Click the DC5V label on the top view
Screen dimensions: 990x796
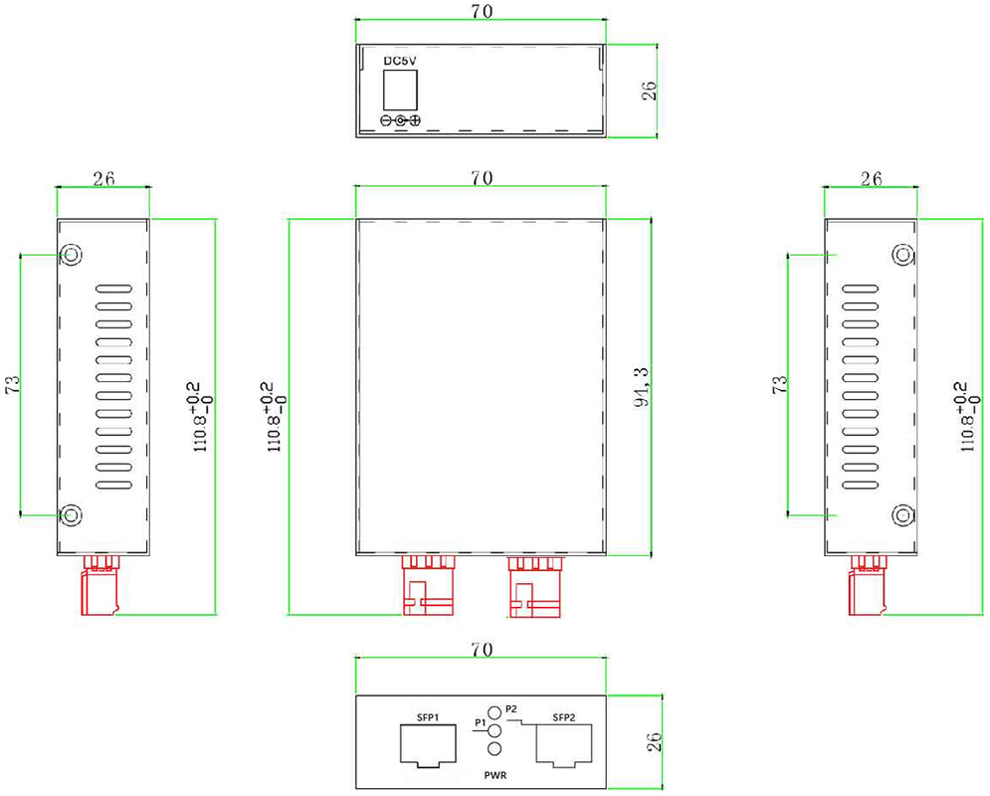tap(400, 62)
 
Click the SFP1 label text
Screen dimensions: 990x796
tap(428, 717)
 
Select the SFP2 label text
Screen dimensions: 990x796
tap(564, 717)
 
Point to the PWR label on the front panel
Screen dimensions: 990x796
tap(495, 775)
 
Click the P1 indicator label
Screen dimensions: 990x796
tap(480, 722)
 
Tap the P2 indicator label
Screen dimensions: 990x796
tap(511, 708)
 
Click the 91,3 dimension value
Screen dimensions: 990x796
tap(642, 387)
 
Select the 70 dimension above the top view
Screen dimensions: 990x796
tap(482, 11)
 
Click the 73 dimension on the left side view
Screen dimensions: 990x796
tap(13, 384)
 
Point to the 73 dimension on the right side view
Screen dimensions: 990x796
tap(780, 384)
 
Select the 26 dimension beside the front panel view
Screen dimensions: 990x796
tap(655, 741)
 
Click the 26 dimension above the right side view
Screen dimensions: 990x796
tap(872, 179)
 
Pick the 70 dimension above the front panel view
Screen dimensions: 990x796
tap(482, 650)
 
